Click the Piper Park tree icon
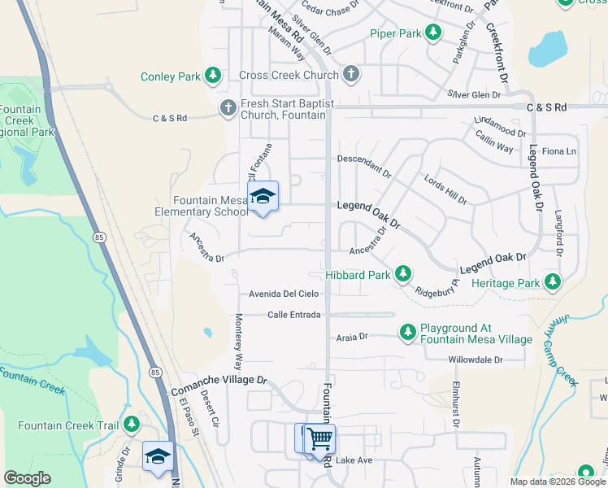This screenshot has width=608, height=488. (434, 33)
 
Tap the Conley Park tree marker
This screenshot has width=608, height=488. (213, 76)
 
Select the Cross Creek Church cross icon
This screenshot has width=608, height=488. (350, 75)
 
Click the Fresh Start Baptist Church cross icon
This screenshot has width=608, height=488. (228, 107)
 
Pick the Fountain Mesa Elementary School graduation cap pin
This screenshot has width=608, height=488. (263, 197)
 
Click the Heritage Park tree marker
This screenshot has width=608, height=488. (553, 282)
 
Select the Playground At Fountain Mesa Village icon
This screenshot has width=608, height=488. (408, 332)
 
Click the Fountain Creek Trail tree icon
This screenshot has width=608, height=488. (132, 425)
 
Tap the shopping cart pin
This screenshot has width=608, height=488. (320, 439)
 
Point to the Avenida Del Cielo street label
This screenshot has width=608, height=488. (284, 294)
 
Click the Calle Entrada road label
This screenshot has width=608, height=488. (294, 315)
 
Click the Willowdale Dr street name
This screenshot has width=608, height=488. (476, 359)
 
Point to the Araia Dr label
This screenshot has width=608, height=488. (352, 336)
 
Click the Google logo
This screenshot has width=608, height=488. (27, 478)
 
